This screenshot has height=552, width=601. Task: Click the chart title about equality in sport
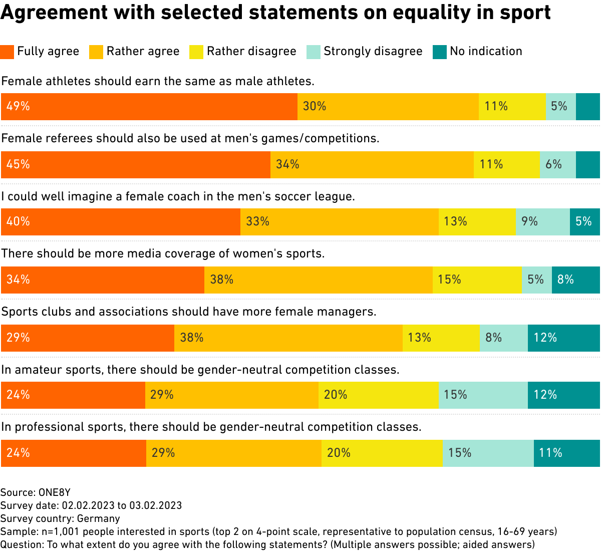pos(275,13)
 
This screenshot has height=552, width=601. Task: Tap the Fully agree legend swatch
pos(7,52)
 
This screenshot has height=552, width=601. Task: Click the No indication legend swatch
pos(439,52)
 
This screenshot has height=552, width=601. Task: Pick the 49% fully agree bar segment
pos(149,107)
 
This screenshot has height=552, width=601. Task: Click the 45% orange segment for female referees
pos(136,165)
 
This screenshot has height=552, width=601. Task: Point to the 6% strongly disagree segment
pos(557,165)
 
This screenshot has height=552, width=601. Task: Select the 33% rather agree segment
pos(339,222)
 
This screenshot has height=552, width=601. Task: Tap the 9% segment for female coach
pos(542,222)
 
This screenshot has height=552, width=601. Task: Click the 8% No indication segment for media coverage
pos(575,280)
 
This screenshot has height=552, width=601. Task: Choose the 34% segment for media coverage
pos(103,280)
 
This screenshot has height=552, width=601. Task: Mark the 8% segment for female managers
pos(503,338)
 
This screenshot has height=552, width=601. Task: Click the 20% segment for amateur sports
pos(378,395)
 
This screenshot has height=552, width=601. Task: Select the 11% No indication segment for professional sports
pos(566,453)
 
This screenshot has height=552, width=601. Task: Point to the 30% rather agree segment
pos(388,107)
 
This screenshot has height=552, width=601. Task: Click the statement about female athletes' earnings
pos(158,81)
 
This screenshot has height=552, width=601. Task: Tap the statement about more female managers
pos(188,312)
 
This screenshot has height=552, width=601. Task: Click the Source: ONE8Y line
pos(36,492)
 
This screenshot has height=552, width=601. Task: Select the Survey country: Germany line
pos(60,518)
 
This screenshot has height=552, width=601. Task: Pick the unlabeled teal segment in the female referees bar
pos(587,165)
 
